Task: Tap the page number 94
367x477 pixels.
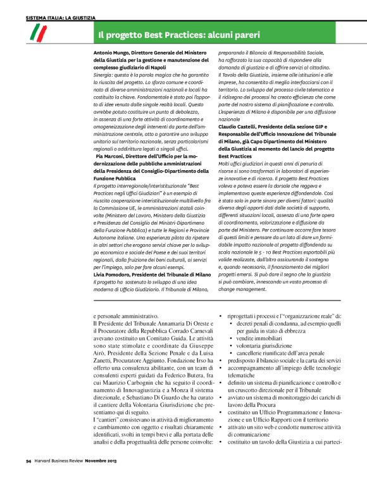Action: click(29, 460)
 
